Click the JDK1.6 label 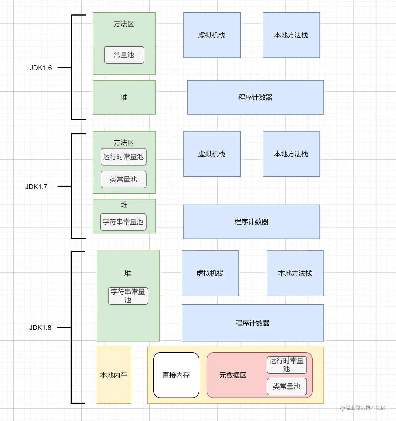41,68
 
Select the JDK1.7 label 36,187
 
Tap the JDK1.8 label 40,328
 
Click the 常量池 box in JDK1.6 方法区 124,55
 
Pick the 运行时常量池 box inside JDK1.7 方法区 123,157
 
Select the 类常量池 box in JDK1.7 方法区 123,179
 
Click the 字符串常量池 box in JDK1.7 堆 123,222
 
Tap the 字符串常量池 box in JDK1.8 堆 128,296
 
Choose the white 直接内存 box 176,375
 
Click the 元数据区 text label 233,375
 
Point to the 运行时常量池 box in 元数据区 287,365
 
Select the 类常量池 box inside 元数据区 287,386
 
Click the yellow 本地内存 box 114,375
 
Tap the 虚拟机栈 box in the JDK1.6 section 212,35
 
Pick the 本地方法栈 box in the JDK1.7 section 291,154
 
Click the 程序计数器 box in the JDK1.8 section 253,323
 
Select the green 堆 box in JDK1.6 124,97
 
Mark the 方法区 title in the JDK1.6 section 124,24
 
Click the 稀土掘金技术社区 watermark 363,408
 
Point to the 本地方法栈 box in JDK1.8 295,273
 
